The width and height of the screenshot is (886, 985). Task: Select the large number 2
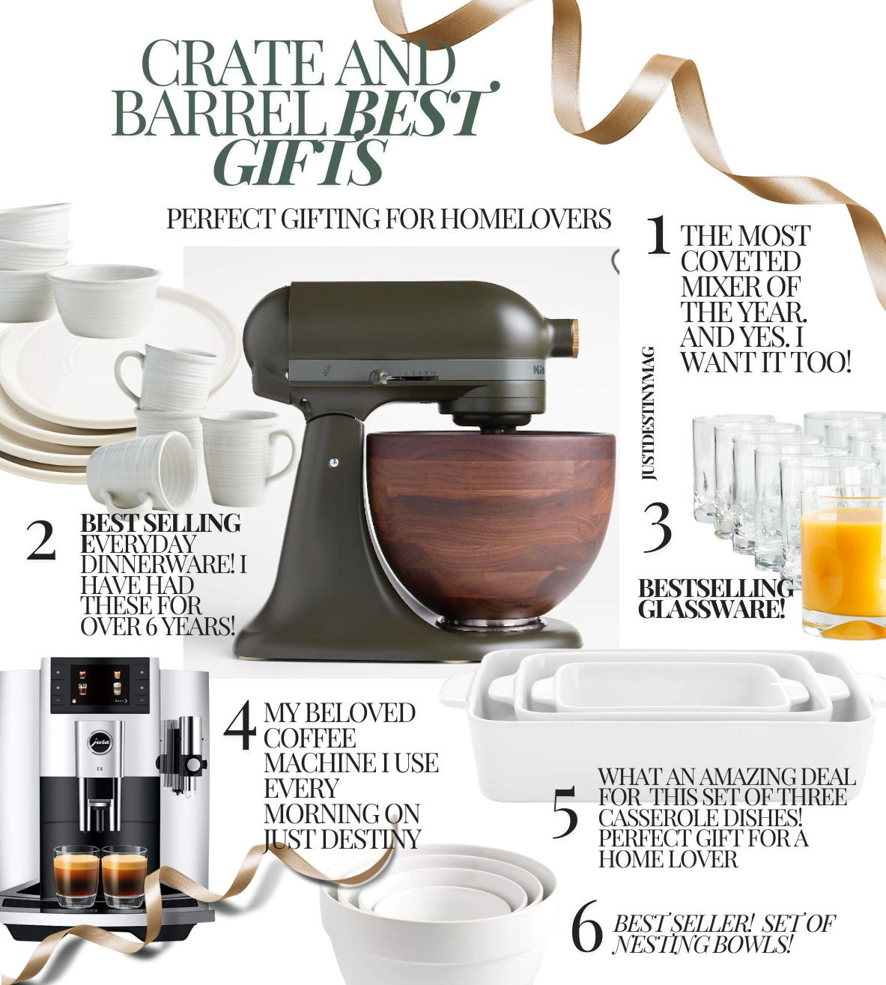(x=41, y=540)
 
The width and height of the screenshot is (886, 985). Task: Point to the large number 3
(x=658, y=527)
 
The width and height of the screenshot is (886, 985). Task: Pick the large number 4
(x=241, y=725)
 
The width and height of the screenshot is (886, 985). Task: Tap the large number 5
(x=565, y=813)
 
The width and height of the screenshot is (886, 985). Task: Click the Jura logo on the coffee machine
(x=98, y=742)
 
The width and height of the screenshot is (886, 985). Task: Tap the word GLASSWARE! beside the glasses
(x=711, y=608)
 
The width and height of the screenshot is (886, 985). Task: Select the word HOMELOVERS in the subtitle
(x=524, y=219)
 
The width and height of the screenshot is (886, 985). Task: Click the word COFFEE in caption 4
(x=309, y=738)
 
